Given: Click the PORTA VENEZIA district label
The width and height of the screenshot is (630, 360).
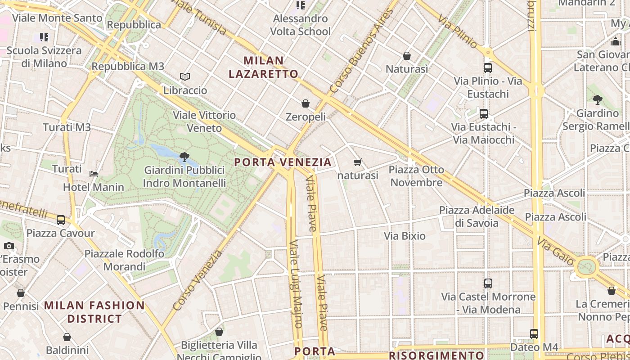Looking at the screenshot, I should (x=283, y=162).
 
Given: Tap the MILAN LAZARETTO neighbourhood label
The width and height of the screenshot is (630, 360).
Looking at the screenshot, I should (x=263, y=67).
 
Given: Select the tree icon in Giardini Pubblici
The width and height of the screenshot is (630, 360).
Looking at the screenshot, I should (x=184, y=157).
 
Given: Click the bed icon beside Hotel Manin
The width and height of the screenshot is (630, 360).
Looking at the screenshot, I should (x=94, y=174).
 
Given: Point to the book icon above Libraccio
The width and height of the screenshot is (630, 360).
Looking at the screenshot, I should (x=185, y=77).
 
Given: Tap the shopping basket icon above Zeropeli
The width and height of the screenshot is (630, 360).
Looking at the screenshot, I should (x=306, y=103).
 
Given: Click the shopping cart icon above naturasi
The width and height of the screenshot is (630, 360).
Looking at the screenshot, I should (x=358, y=162).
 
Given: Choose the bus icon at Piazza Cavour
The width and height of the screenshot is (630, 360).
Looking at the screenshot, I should (x=61, y=220).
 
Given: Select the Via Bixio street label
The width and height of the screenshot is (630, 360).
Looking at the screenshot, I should (x=405, y=236).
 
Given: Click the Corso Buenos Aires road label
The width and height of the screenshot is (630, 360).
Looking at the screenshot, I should (x=361, y=51).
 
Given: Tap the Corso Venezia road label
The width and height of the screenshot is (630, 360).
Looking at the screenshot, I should (x=198, y=280).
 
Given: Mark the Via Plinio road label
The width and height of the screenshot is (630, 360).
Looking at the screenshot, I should (x=457, y=32).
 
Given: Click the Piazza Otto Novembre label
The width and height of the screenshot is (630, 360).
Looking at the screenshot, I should (x=416, y=176).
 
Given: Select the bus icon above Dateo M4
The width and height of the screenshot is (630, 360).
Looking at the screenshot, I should (x=534, y=334).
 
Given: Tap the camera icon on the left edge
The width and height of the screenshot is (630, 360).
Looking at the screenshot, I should (x=9, y=246).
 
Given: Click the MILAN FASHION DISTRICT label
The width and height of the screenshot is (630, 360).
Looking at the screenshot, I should (x=94, y=312).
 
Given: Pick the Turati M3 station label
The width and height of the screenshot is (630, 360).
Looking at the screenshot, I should (x=67, y=127).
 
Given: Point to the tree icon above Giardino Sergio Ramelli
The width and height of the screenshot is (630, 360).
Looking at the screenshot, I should (x=597, y=99).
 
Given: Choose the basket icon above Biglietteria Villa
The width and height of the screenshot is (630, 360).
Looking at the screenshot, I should (x=219, y=332).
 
